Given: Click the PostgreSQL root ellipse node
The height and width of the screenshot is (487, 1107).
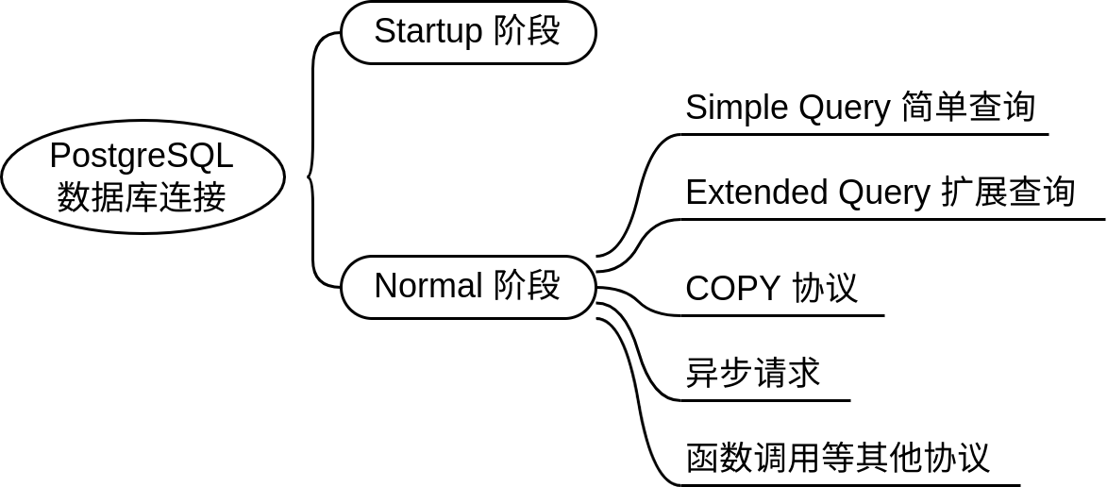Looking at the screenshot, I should (x=143, y=176).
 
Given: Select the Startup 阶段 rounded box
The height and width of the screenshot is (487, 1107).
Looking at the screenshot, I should (x=468, y=32).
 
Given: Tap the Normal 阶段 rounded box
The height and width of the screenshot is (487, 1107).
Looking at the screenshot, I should (x=468, y=286).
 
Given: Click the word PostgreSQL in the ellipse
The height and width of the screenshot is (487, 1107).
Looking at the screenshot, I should (x=142, y=155).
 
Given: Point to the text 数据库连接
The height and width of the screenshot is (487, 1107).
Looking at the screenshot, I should (x=142, y=197).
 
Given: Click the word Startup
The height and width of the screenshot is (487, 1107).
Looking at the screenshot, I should (x=428, y=32).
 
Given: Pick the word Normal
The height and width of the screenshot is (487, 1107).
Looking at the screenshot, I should (x=428, y=286).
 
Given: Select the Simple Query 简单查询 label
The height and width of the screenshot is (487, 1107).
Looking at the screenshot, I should (x=860, y=108).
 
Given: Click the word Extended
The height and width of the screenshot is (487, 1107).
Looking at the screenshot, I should (x=745, y=193).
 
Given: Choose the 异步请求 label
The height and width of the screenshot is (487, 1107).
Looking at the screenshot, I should (x=752, y=373).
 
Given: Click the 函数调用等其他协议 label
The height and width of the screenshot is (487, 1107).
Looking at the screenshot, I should (x=837, y=458).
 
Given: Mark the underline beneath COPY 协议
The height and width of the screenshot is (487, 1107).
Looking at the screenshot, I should (x=783, y=315).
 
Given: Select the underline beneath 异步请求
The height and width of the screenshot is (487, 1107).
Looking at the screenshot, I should (x=764, y=400).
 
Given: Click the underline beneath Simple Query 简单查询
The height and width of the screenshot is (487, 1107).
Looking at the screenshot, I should (x=864, y=134).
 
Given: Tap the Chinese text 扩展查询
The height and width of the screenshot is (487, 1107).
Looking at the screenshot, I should (x=1008, y=193).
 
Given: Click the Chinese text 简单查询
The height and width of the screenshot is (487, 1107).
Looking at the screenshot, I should (x=968, y=108).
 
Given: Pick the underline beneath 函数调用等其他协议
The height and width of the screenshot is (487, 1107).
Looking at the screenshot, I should (x=849, y=485).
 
